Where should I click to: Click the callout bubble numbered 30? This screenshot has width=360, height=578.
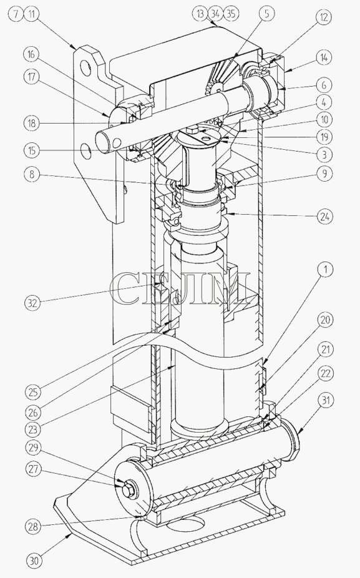coord(34,561)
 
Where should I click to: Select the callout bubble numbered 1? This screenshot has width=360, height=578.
coord(325,270)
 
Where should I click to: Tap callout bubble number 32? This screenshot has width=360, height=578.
coord(33,303)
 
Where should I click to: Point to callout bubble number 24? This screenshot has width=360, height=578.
coord(325,216)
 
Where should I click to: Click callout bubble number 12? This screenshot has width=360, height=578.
coord(324,17)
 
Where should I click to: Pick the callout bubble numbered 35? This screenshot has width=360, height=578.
coord(231,14)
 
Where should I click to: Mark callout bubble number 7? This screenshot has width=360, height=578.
coord(15,14)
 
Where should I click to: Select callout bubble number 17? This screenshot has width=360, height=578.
coord(32,77)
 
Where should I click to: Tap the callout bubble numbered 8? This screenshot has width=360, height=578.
coord(32,174)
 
